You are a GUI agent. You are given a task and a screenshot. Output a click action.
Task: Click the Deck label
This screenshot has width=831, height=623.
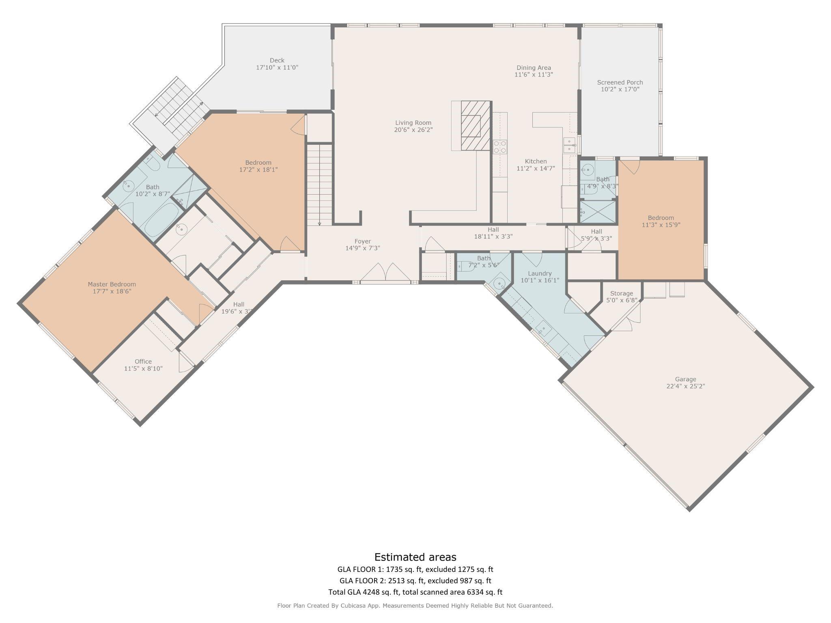pos(277,60)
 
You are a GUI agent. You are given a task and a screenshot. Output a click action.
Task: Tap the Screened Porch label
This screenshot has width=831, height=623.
pos(620,82)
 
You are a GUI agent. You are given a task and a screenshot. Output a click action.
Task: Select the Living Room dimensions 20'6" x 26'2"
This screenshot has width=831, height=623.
pos(413,130)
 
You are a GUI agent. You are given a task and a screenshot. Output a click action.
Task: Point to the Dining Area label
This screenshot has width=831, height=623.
pos(534,68)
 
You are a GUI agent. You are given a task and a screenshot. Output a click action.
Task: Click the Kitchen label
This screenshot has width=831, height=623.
pos(536,161)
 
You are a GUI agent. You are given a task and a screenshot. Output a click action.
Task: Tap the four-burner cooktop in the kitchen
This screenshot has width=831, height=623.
pos(499,146)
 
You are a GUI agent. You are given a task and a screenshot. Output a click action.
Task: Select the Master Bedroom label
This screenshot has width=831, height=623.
pos(112,284)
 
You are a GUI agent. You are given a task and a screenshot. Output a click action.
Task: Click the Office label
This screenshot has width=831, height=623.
pos(143,361)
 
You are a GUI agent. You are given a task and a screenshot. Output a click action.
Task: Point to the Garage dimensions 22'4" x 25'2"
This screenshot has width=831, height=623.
pos(685,386)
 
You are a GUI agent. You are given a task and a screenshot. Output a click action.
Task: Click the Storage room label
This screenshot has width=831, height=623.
pos(621,293)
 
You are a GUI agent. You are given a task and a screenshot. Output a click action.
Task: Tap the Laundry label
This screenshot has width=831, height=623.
pos(539,273)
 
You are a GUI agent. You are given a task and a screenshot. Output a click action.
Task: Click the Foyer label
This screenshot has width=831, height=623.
pos(362,241)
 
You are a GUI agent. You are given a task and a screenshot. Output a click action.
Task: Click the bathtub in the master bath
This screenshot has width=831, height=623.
pos(161,219)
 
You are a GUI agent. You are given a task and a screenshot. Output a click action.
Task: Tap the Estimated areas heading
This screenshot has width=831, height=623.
pos(415,557)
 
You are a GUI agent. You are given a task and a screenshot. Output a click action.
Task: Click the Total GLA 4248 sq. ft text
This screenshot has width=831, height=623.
pos(364,592)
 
